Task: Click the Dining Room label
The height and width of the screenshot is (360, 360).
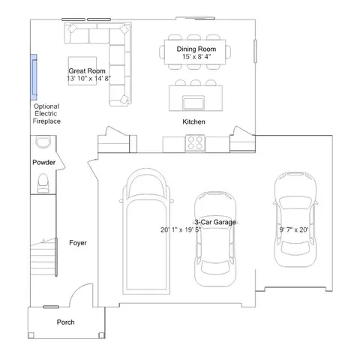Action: tap(196, 49)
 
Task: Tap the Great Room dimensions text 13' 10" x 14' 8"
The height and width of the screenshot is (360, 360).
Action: tap(88, 79)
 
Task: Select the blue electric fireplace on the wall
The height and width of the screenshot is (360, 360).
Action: tap(34, 77)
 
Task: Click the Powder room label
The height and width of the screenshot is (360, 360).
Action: tap(43, 162)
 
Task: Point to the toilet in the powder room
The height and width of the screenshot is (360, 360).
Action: tap(43, 183)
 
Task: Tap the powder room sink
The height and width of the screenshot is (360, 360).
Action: tap(43, 142)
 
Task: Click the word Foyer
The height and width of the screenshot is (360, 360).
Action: tap(78, 243)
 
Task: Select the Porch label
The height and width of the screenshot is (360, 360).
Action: tap(65, 322)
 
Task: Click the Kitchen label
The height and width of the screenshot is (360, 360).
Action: tap(193, 121)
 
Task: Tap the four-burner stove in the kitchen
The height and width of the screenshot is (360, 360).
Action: tap(195, 143)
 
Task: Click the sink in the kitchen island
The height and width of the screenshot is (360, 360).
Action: tap(193, 103)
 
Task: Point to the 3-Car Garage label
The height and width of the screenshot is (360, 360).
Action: tap(215, 222)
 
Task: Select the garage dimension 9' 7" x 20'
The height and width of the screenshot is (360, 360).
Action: tap(294, 229)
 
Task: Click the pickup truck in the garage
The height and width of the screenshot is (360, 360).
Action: tap(146, 231)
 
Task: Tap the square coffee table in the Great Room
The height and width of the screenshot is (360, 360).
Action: tap(82, 71)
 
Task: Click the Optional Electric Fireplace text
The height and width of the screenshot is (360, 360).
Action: tap(46, 114)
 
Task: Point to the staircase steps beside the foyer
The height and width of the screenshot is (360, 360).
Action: tap(43, 257)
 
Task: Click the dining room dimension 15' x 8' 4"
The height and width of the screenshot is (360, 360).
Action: tap(196, 57)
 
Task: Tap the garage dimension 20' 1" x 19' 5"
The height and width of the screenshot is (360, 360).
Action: tap(181, 229)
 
